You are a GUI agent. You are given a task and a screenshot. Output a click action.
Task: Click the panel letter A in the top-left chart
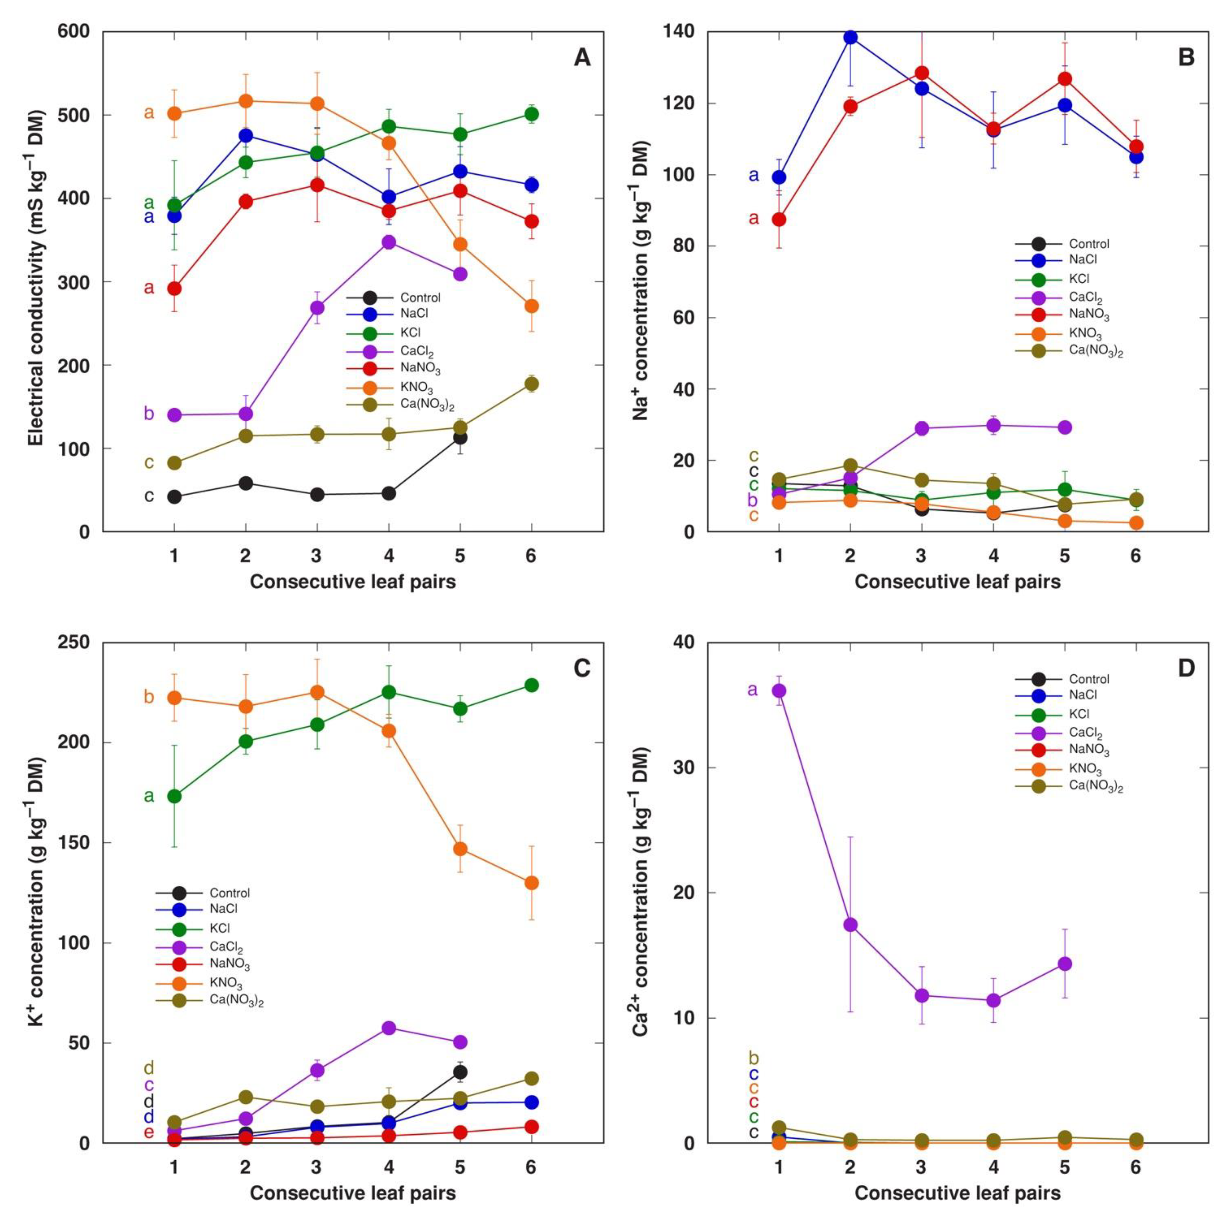(582, 58)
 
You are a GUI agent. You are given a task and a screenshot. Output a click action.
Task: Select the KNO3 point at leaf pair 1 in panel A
(174, 113)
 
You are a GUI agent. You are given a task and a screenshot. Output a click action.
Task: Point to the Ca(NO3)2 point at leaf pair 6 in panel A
(531, 384)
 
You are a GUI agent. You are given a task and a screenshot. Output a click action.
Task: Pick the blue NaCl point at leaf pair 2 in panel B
(850, 37)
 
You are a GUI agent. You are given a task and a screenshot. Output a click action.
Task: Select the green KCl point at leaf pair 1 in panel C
(174, 796)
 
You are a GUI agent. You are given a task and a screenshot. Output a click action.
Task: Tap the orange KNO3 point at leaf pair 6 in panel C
(531, 883)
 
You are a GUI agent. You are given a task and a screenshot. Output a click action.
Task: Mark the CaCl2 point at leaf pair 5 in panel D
(1065, 963)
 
